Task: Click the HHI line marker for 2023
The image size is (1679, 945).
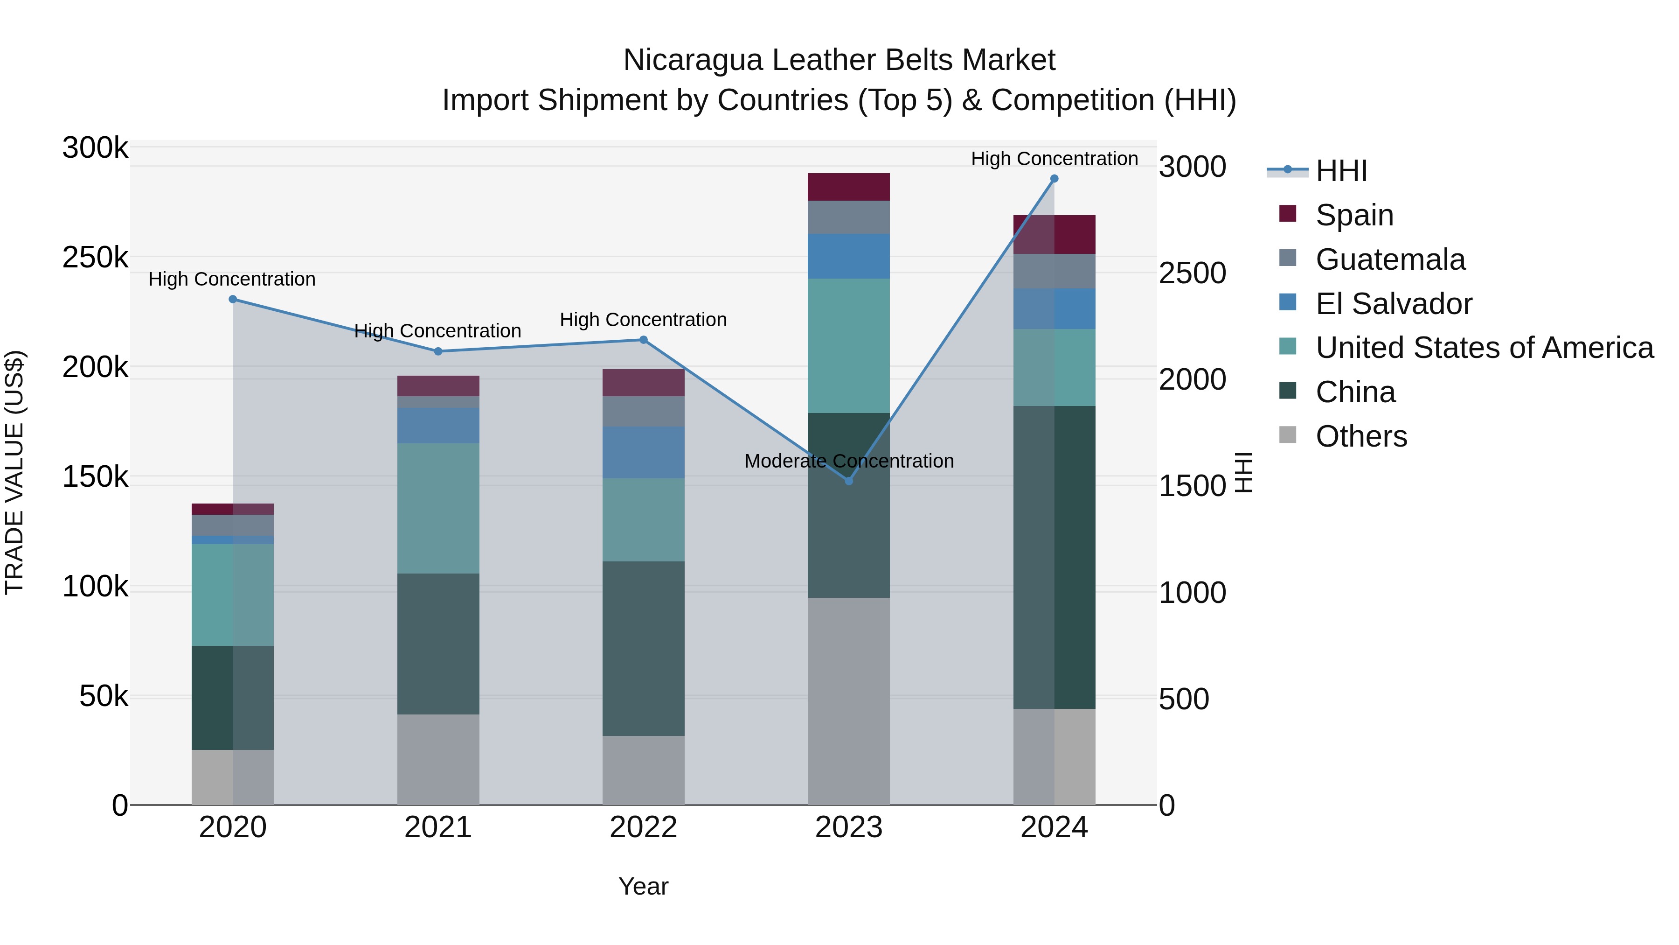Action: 849,481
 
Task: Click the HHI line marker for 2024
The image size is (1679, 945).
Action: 1054,179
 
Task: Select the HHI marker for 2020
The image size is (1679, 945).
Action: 233,299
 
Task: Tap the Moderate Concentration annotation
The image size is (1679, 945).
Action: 849,461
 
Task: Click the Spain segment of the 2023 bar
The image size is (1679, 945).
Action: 849,187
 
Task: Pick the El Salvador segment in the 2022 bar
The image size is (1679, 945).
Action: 643,453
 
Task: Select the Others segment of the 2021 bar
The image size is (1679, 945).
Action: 438,759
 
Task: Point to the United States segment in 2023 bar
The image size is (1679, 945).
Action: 849,346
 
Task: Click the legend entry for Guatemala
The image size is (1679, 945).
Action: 1390,259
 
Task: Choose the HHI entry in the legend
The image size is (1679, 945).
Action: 1341,171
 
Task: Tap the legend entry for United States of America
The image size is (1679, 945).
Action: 1484,348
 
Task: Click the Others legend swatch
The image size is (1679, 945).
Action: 1287,435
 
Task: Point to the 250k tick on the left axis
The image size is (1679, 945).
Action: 95,258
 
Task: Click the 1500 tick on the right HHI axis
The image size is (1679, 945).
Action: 1192,486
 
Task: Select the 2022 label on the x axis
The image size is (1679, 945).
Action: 643,827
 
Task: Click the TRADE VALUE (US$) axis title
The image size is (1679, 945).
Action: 14,472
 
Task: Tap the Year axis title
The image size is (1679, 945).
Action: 643,886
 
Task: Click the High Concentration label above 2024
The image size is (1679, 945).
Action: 1054,159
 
